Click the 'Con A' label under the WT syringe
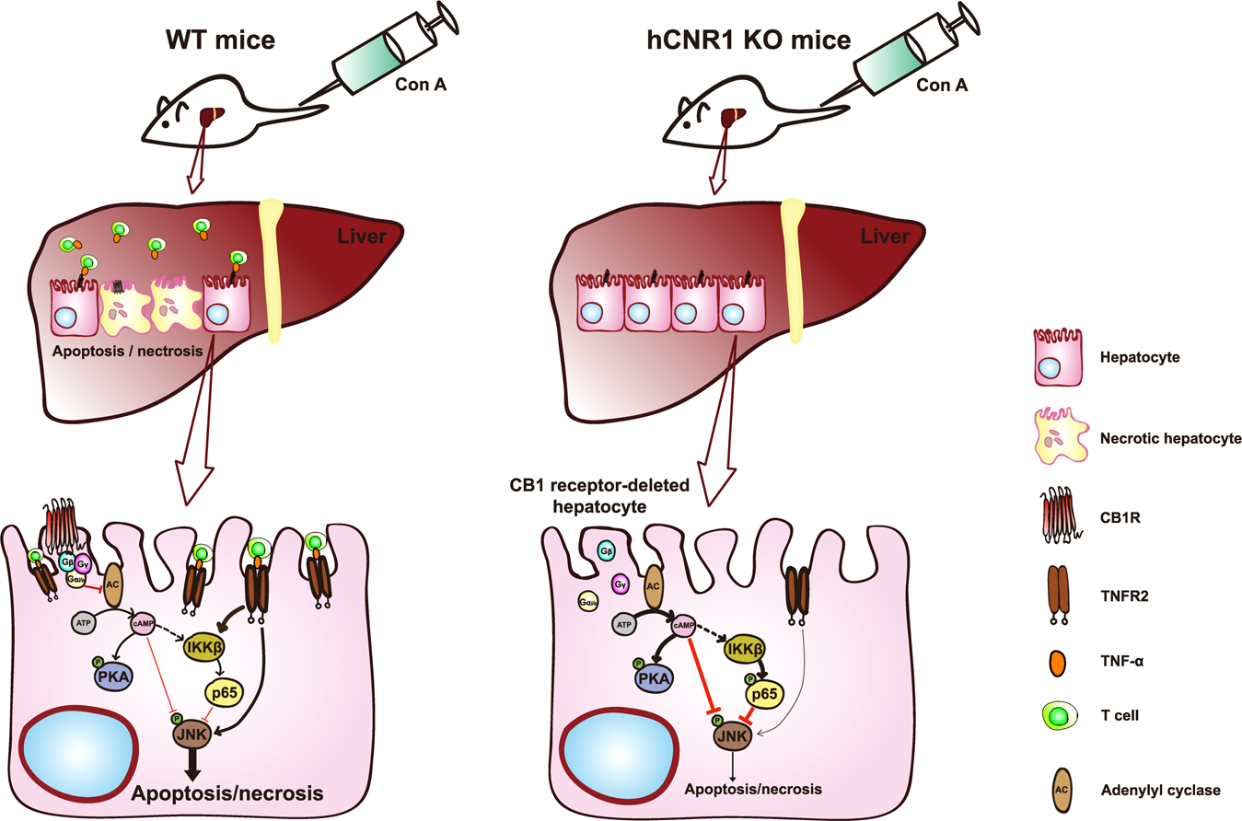(x=436, y=85)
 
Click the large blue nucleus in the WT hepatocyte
(x=69, y=754)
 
